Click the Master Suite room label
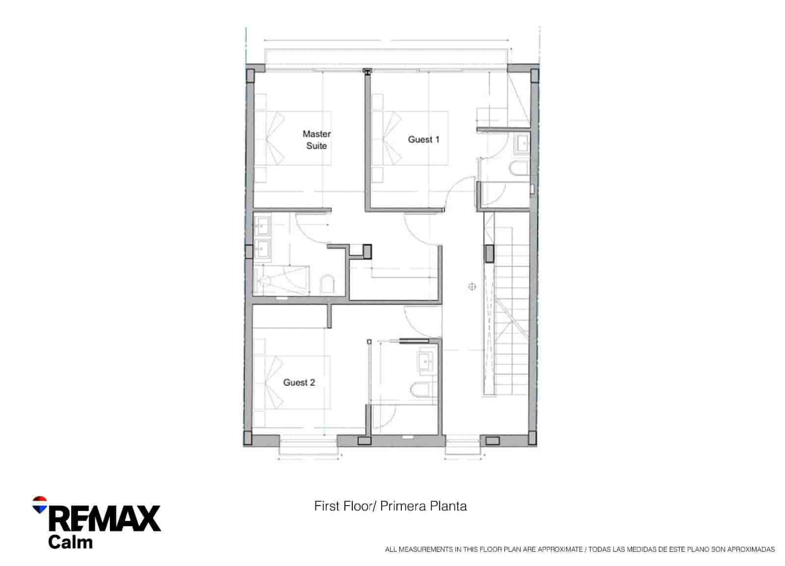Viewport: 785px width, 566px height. (x=316, y=140)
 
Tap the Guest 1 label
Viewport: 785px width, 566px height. (x=423, y=139)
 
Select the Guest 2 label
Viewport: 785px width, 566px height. (x=299, y=382)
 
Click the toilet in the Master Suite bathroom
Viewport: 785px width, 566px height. (x=327, y=285)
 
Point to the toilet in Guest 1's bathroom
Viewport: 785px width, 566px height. (x=519, y=168)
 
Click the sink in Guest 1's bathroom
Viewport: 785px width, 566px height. (x=521, y=144)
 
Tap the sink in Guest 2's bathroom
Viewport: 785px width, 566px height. (x=425, y=362)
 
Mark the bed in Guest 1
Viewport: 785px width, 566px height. (x=410, y=138)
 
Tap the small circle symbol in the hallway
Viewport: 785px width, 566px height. (x=472, y=286)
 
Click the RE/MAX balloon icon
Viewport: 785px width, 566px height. (x=39, y=505)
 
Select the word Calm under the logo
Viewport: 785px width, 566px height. (x=70, y=542)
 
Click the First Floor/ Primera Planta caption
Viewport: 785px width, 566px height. (x=391, y=506)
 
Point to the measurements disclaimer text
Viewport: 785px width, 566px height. (x=580, y=549)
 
